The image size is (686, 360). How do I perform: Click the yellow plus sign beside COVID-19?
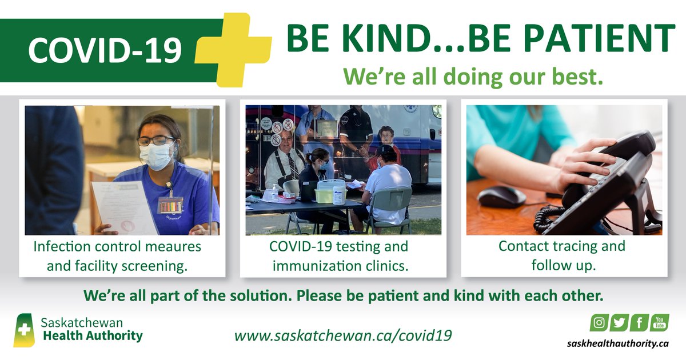point(233,50)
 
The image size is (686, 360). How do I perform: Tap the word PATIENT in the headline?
point(601,39)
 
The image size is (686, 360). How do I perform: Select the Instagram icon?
point(599,323)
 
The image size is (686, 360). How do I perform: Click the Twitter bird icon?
point(619,323)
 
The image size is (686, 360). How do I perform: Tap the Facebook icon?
point(640,323)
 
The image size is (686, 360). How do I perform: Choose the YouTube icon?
point(660,323)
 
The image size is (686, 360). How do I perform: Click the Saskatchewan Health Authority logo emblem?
point(23,330)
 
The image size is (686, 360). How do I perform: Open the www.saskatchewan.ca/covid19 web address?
point(343,335)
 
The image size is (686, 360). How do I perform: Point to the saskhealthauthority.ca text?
point(618,343)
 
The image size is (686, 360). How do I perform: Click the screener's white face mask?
point(157,156)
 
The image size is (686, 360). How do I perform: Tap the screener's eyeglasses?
point(155,141)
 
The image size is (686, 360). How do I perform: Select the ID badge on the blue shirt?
point(170,204)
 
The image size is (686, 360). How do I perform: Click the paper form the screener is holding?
point(125,208)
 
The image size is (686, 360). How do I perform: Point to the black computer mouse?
point(501,196)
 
